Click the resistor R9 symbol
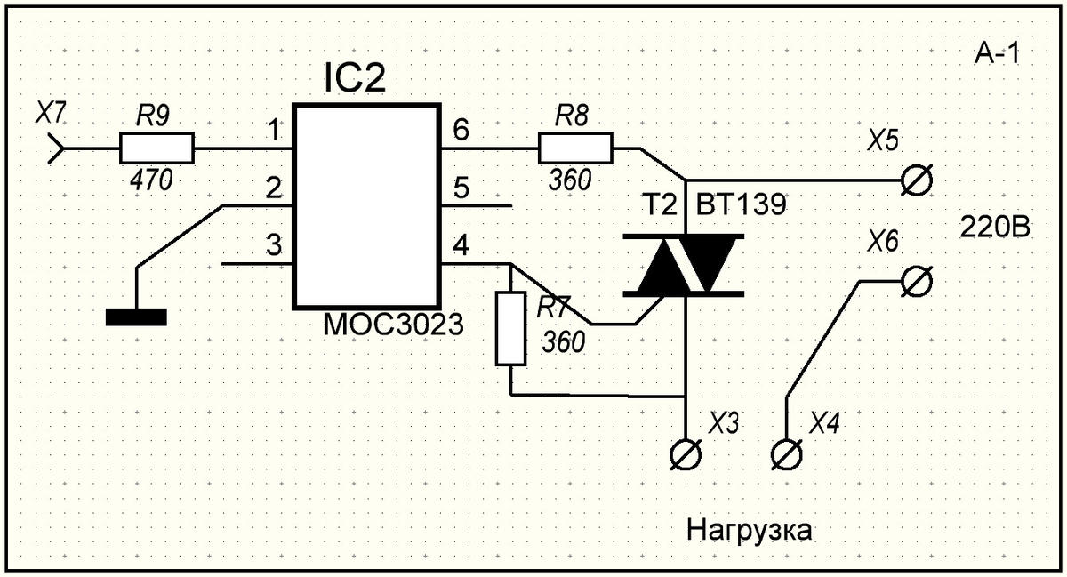156,148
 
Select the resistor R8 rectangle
574,148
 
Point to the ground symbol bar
135,317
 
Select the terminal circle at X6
912,282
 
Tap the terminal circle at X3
686,454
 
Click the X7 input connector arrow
55,148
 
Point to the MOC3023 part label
394,324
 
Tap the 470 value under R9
151,180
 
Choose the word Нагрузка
750,531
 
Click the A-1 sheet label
995,55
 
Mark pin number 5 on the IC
461,188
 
